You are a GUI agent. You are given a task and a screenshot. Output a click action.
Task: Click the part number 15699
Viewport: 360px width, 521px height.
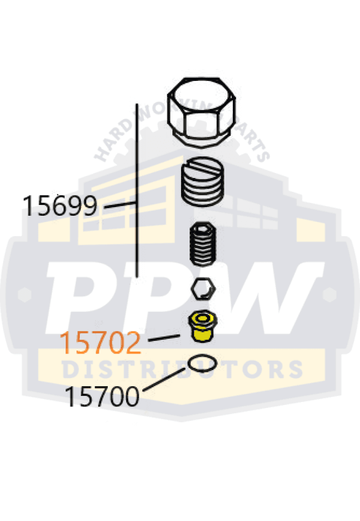click(x=60, y=206)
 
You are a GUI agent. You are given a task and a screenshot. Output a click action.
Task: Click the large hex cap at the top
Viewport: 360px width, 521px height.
click(x=202, y=109)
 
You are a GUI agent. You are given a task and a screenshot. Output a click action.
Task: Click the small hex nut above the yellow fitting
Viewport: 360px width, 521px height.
click(x=203, y=290)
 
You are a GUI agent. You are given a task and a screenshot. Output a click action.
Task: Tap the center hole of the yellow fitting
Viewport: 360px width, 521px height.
click(x=202, y=319)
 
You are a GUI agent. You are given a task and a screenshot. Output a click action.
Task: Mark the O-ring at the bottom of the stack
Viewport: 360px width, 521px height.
click(x=202, y=363)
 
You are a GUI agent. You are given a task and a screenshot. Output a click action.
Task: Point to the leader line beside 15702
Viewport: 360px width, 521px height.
click(x=163, y=338)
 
